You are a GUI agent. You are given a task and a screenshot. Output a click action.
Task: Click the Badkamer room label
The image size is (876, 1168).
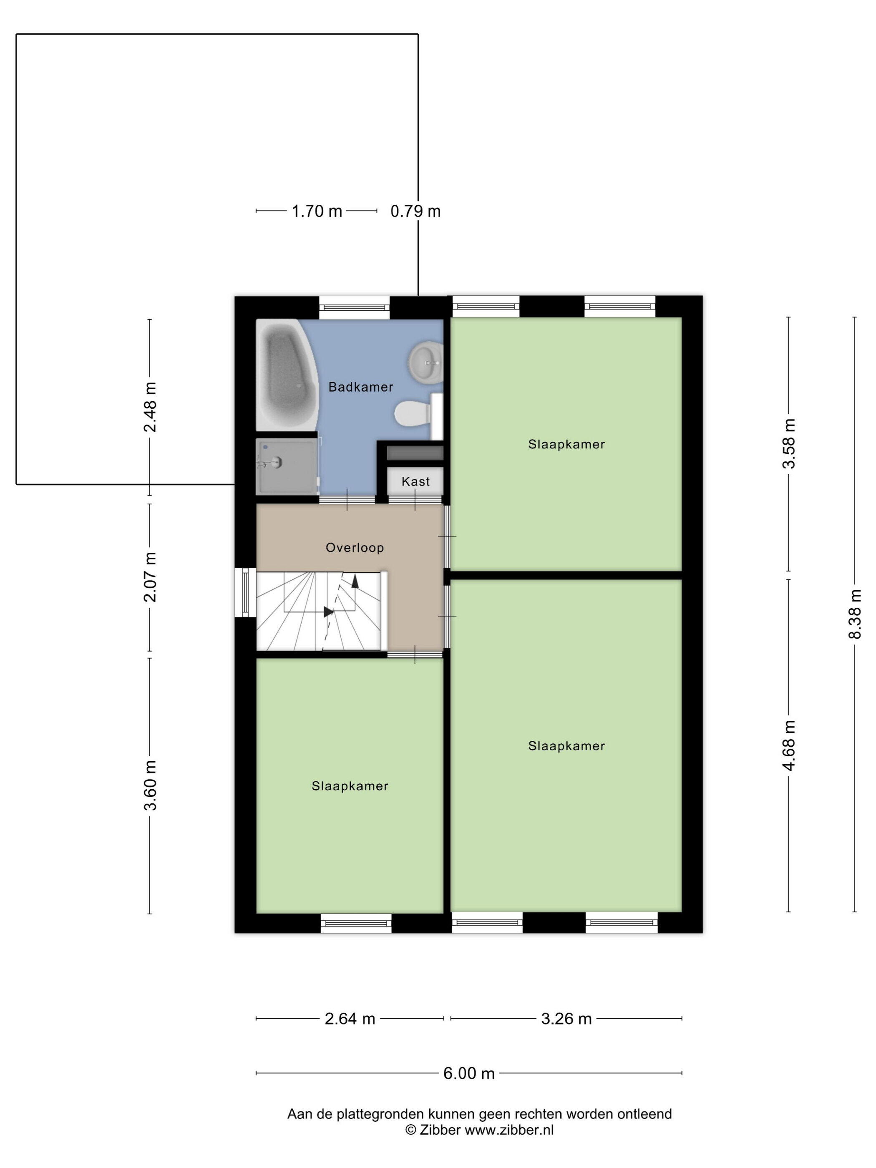[361, 387]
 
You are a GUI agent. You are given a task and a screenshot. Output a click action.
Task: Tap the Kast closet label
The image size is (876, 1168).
[415, 481]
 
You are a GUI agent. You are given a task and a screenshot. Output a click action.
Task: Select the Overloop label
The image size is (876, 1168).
[354, 548]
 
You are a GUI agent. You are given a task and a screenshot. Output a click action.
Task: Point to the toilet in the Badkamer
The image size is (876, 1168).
[417, 414]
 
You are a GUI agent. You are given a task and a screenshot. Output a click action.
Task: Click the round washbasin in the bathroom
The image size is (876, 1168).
[425, 363]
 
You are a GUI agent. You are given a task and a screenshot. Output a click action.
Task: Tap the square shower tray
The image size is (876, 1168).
[287, 466]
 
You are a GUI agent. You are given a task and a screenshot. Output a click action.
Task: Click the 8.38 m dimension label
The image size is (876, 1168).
[854, 614]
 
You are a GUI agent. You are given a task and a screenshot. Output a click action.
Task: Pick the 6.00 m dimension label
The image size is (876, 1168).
[469, 1073]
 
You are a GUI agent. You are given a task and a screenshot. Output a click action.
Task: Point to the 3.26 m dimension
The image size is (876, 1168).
[566, 1019]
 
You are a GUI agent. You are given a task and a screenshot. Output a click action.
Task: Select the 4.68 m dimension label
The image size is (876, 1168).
[789, 745]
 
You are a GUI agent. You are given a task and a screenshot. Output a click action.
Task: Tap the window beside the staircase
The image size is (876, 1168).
[245, 592]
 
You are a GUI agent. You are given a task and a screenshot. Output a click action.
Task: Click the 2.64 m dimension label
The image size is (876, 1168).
[350, 1019]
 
